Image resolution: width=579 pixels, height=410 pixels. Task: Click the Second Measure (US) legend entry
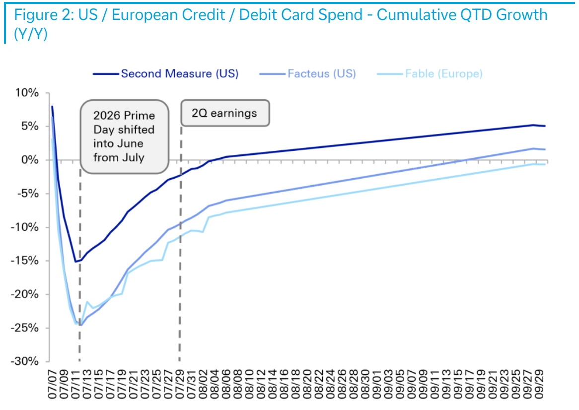(166, 74)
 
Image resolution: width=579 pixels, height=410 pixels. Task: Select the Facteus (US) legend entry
(307, 74)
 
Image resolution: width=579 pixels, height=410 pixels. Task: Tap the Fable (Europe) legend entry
(430, 74)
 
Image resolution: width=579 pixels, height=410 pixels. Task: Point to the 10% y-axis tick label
(27, 93)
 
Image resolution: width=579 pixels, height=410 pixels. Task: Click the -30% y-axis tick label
(25, 361)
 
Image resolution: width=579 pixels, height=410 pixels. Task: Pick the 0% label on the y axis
(30, 160)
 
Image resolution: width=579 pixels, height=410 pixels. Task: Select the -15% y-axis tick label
(25, 261)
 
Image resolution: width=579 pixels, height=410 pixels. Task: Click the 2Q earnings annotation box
(225, 113)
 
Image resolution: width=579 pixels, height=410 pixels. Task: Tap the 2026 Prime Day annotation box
(125, 137)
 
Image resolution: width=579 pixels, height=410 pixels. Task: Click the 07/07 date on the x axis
(53, 385)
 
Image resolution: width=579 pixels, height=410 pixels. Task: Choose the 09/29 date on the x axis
(540, 385)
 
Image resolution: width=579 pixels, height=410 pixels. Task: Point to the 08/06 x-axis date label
(227, 385)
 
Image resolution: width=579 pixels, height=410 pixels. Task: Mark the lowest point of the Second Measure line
(75, 262)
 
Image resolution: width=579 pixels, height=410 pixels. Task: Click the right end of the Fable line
(545, 164)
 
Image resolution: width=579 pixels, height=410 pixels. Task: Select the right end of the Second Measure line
(545, 126)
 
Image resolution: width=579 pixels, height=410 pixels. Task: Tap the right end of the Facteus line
(545, 149)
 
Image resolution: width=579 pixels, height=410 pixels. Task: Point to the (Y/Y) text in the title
(31, 34)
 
